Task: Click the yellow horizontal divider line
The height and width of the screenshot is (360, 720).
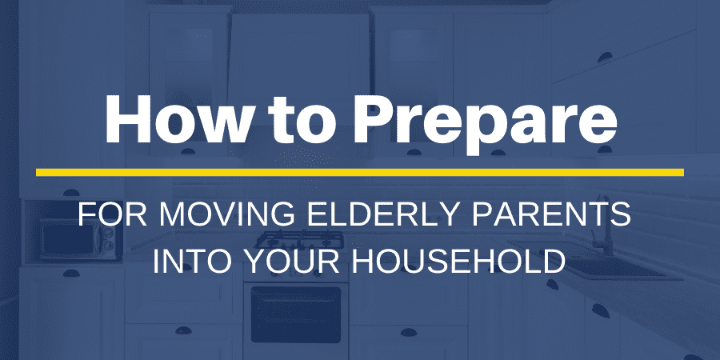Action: [x=360, y=172]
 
